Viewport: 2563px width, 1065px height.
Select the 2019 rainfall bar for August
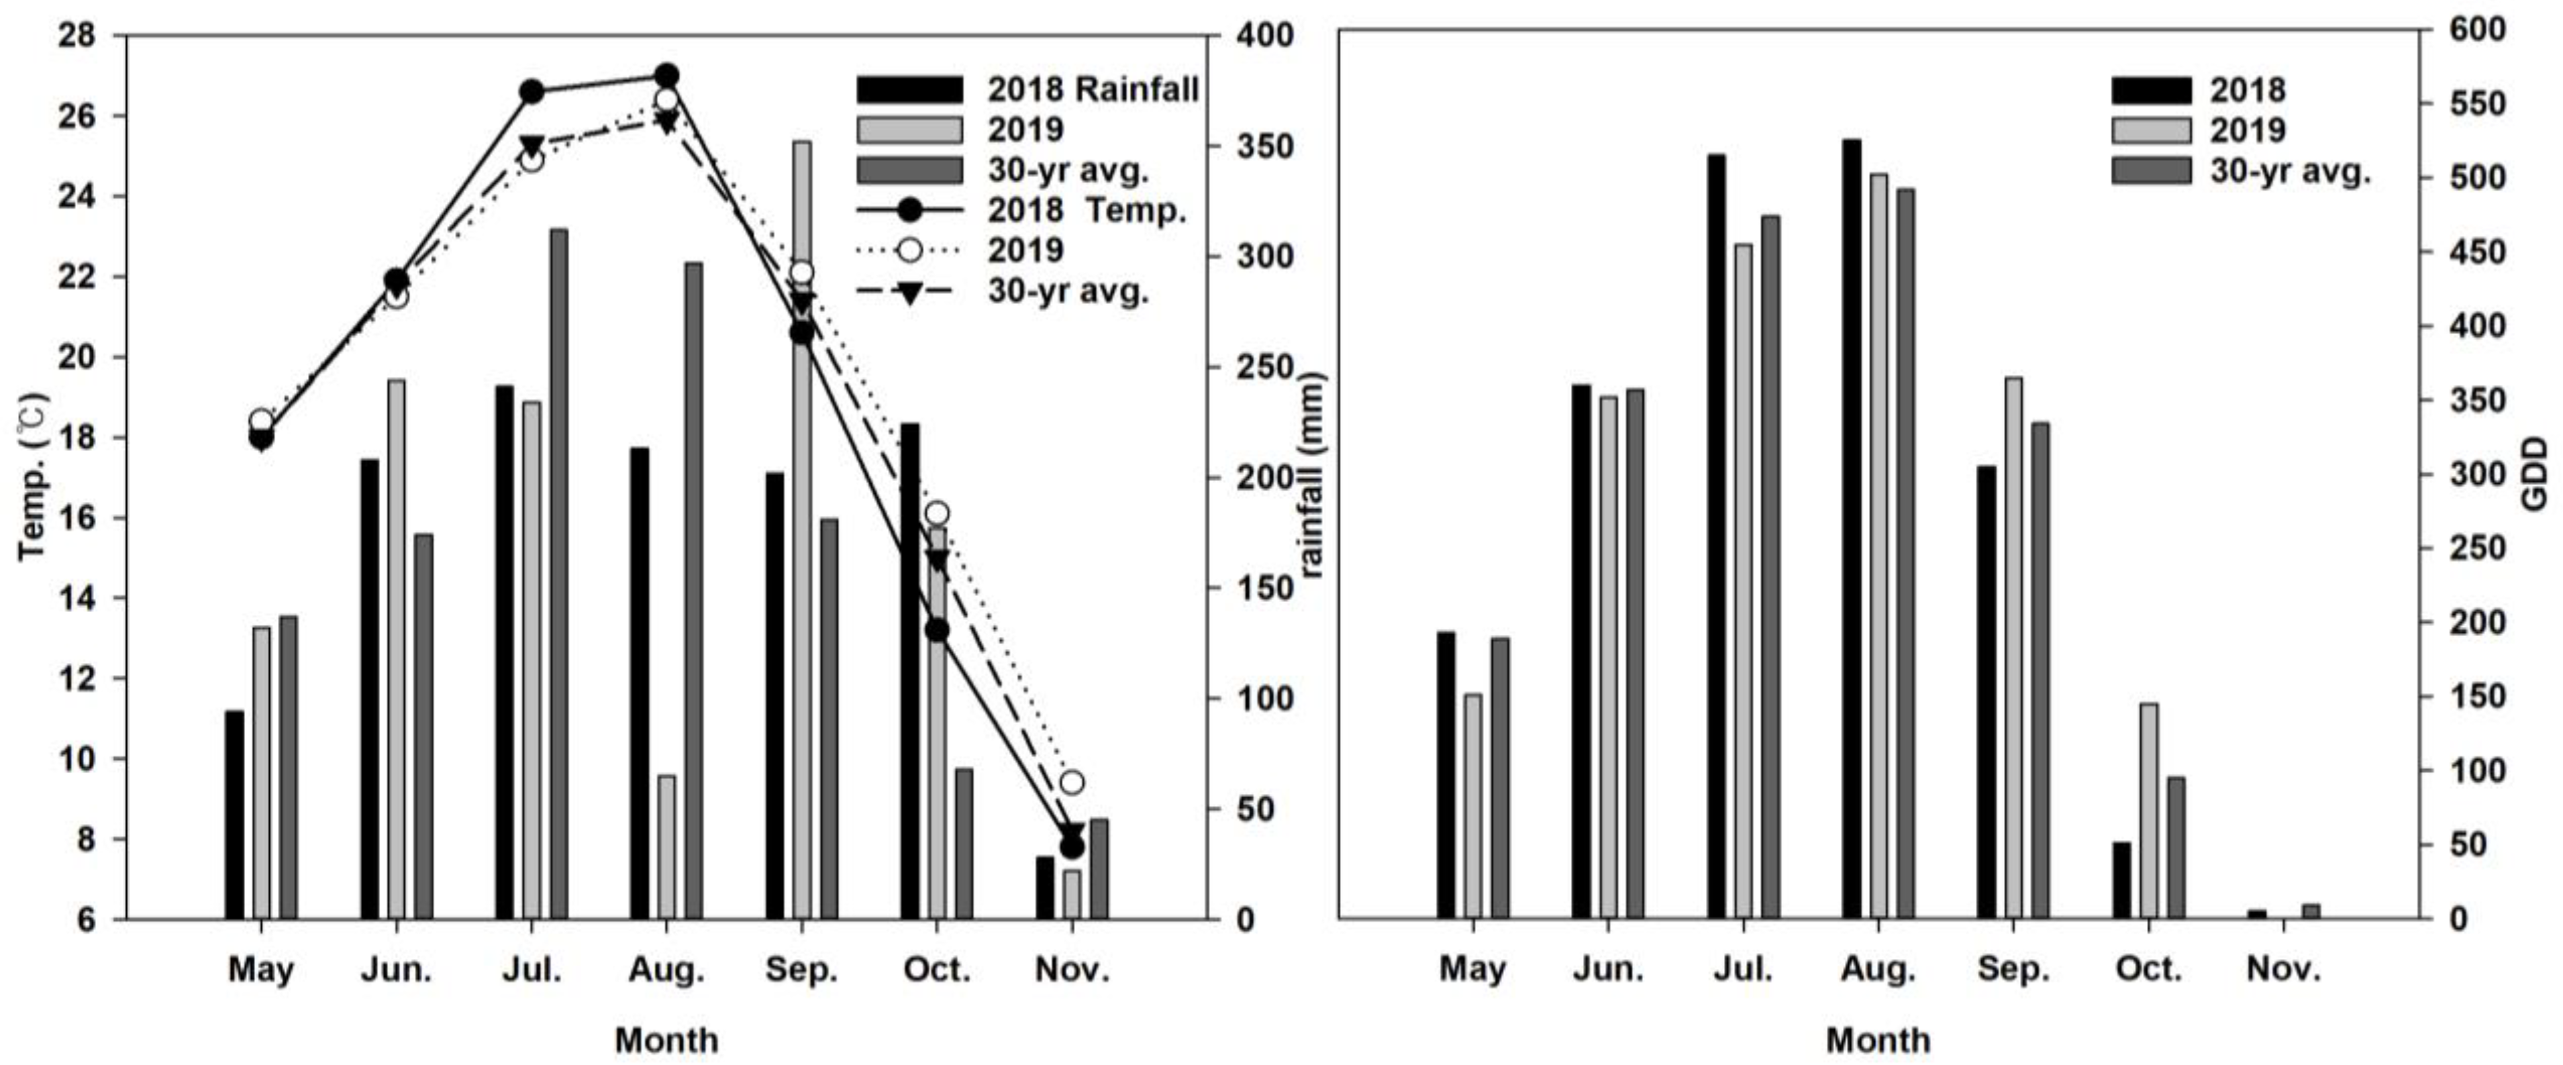tap(666, 847)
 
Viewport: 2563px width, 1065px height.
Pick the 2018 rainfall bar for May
tap(234, 815)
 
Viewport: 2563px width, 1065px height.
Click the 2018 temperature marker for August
tap(666, 76)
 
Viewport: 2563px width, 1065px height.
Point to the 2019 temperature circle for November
tap(1072, 782)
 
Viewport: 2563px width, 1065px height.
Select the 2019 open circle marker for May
tap(260, 421)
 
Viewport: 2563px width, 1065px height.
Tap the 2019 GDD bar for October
tap(2149, 811)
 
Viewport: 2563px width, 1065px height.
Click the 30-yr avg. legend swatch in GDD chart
tap(2151, 170)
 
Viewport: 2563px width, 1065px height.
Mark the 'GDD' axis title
tap(2537, 474)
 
